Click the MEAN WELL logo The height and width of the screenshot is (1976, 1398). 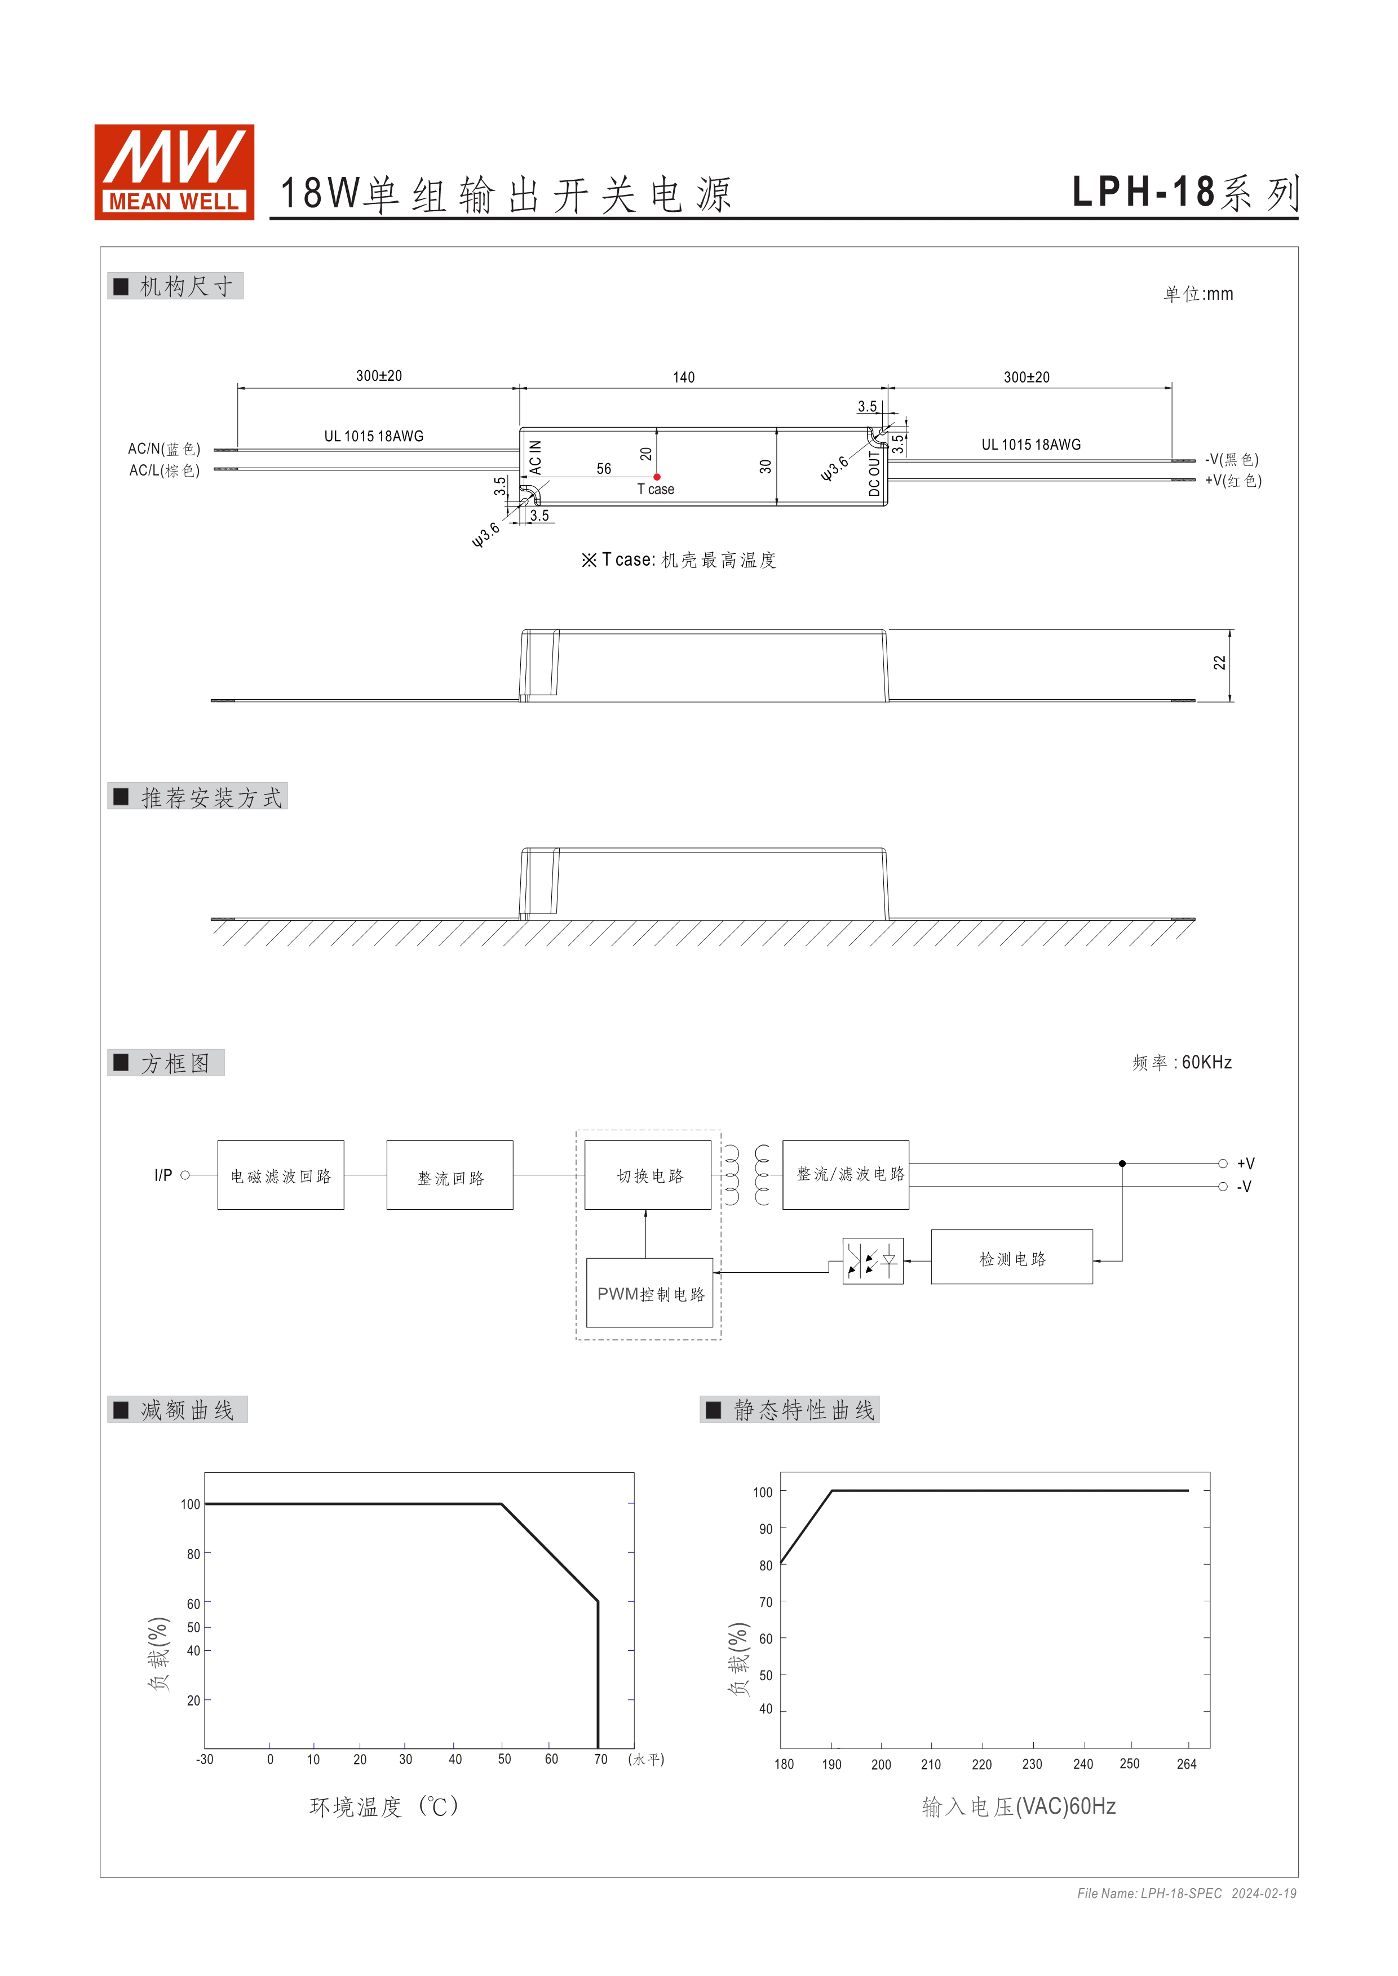[174, 172]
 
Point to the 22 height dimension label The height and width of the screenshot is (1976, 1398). [1219, 663]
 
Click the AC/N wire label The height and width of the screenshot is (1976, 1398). [163, 449]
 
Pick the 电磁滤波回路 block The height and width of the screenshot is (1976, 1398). [281, 1175]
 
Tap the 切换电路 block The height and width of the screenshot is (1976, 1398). [649, 1175]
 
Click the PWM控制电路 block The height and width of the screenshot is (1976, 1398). [650, 1294]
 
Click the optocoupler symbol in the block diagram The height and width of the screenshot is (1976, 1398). [872, 1262]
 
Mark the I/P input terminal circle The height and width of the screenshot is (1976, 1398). [185, 1175]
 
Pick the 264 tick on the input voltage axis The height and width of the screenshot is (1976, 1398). [1186, 1764]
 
